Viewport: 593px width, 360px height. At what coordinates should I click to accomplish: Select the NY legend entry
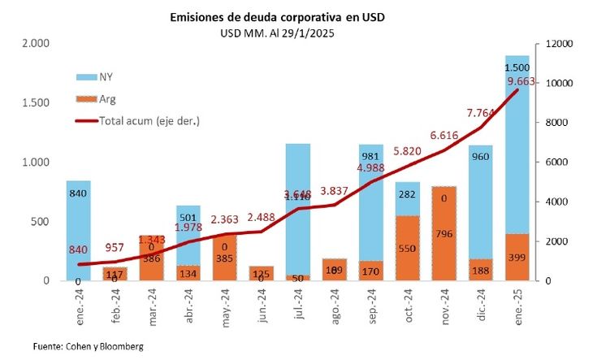tap(98, 77)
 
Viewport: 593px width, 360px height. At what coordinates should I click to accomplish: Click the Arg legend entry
tap(98, 99)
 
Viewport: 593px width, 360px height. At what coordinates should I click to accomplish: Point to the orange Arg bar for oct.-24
tap(408, 248)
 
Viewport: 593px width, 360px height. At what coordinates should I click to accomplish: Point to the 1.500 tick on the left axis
tap(36, 104)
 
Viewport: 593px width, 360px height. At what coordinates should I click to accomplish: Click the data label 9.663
tap(520, 81)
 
